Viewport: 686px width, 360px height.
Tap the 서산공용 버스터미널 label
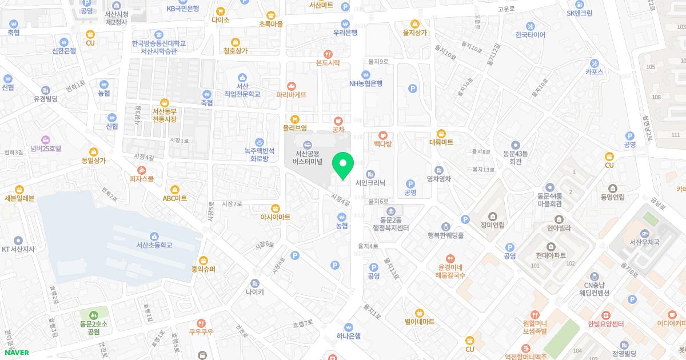[x=308, y=158]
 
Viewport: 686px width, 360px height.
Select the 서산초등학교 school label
[x=154, y=245]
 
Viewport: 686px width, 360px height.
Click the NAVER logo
[x=15, y=353]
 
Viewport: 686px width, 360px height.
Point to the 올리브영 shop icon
[x=295, y=119]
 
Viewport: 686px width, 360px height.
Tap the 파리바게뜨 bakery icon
[x=292, y=86]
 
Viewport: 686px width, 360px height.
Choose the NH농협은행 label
[x=366, y=83]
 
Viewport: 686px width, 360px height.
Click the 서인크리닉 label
[x=370, y=183]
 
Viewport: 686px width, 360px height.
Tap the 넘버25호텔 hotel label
[x=46, y=148]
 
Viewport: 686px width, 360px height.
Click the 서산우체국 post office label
[x=645, y=242]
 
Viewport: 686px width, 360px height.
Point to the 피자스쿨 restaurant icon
[x=142, y=170]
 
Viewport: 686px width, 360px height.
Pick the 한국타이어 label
[x=531, y=35]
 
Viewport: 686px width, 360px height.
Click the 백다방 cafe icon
[x=382, y=135]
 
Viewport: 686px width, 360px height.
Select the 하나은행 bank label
[x=349, y=336]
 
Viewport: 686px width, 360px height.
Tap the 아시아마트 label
[x=276, y=217]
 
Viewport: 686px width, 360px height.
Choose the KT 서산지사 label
[x=18, y=249]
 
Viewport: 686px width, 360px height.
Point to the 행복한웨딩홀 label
[x=445, y=235]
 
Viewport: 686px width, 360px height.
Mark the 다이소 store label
[x=220, y=19]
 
